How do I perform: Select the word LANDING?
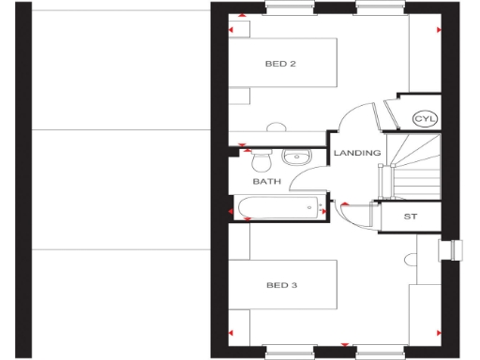[357, 153]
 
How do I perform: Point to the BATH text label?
[267, 182]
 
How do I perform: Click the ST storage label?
[410, 217]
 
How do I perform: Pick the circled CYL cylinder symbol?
[426, 119]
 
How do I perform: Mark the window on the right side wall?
[457, 249]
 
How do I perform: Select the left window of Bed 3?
[289, 352]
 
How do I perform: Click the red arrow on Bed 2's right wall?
[439, 29]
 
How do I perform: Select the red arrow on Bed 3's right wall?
[439, 333]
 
